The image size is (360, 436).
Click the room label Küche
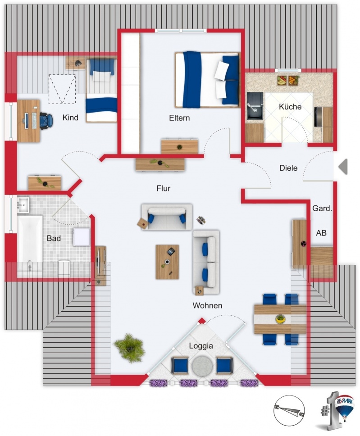[x=290, y=107]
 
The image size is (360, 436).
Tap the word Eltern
[x=179, y=118]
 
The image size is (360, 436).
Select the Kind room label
[x=70, y=118]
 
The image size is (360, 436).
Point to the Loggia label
[x=201, y=346]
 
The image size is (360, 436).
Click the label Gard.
[x=322, y=208]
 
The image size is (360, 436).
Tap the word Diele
[x=288, y=168]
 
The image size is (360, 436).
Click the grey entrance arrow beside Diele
[x=343, y=167]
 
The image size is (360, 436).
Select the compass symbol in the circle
[x=289, y=411]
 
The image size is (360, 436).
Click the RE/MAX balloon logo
[x=345, y=406]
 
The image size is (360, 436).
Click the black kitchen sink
[x=255, y=106]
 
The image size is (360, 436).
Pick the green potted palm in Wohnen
[x=130, y=348]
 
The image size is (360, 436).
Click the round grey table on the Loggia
[x=202, y=365]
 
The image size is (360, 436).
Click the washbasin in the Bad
[x=23, y=205]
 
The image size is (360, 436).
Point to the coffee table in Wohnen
[x=167, y=262]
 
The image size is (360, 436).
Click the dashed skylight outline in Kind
[x=62, y=89]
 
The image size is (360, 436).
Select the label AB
[x=321, y=233]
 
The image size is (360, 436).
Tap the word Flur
[x=163, y=189]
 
